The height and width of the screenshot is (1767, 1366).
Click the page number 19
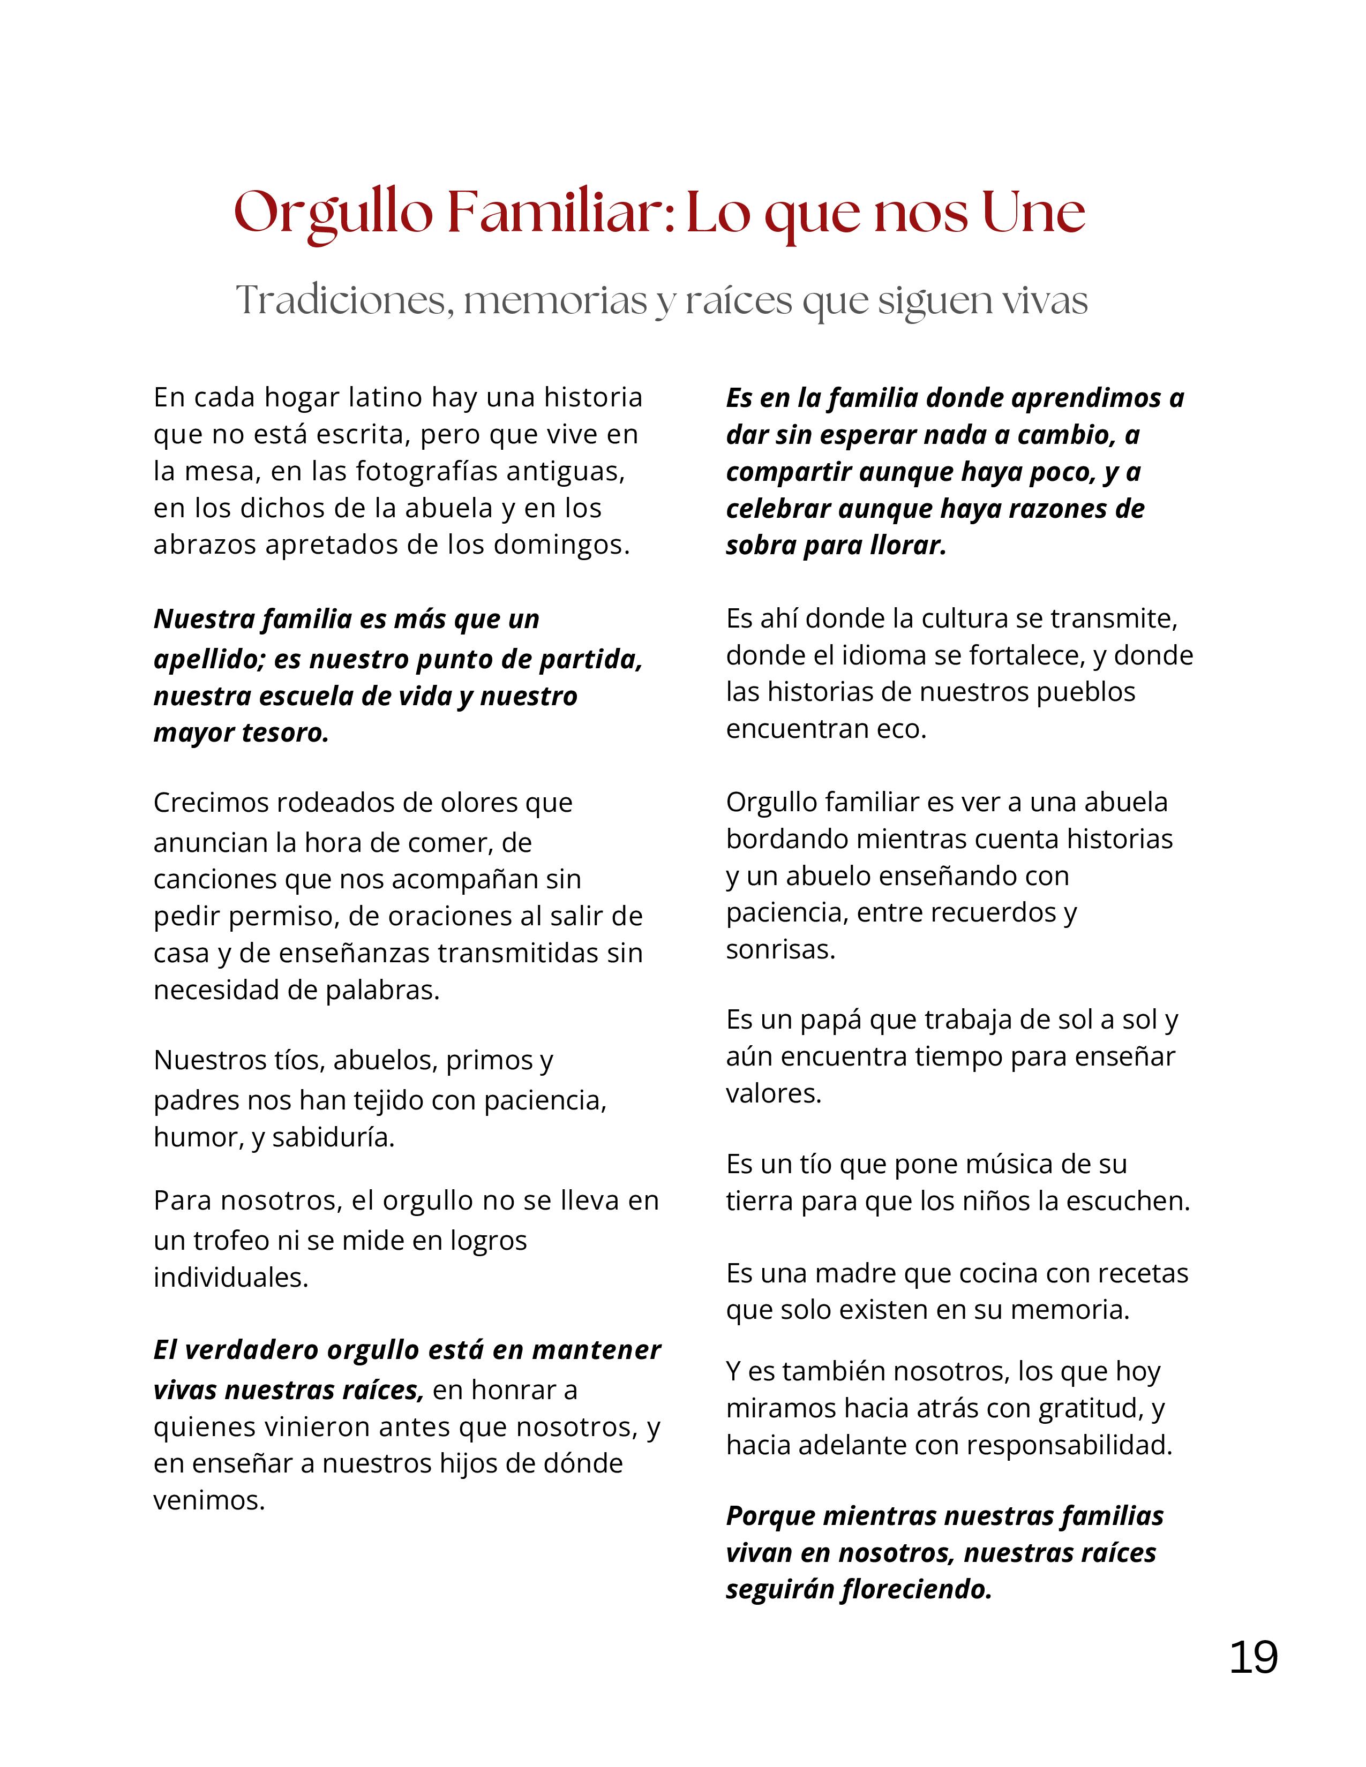(1253, 1657)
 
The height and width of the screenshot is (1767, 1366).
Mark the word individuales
(231, 1278)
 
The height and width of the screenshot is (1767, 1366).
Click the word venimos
(209, 1501)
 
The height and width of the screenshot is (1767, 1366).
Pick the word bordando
(786, 839)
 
